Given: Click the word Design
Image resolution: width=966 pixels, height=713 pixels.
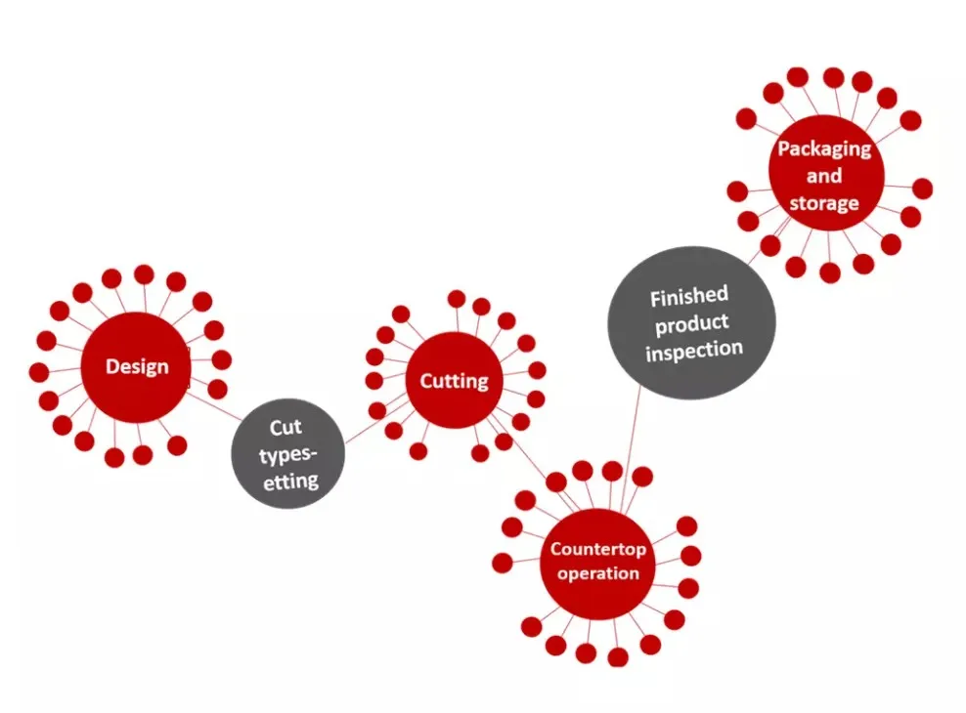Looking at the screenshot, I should [x=137, y=367].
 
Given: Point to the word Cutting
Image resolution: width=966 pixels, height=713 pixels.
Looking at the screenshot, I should [x=454, y=381].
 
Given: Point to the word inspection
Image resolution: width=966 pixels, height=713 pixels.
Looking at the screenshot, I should [x=694, y=349].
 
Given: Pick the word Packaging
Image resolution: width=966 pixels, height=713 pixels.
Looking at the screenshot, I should [x=824, y=149].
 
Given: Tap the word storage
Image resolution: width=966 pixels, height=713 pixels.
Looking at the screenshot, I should [x=824, y=203].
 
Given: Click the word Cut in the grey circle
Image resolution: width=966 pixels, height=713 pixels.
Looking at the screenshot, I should [x=287, y=427].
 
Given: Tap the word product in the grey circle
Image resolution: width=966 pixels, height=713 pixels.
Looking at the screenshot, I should [x=692, y=322].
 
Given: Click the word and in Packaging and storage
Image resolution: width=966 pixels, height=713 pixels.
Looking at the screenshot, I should [x=824, y=176].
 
